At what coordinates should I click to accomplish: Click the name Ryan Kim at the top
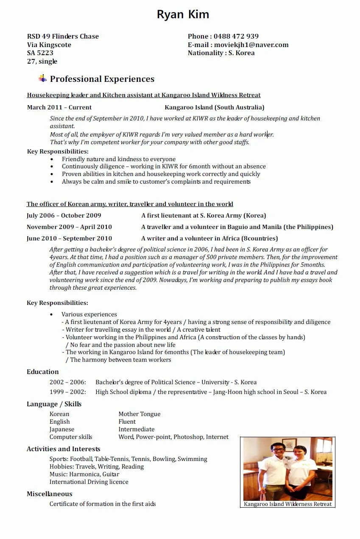pyautogui.click(x=183, y=14)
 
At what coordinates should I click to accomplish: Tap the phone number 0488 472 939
pyautogui.click(x=236, y=36)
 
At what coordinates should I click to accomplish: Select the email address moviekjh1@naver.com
pyautogui.click(x=251, y=45)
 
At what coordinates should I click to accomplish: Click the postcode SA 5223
pyautogui.click(x=40, y=53)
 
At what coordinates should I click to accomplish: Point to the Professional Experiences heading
pyautogui.click(x=102, y=79)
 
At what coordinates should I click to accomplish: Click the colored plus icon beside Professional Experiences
pyautogui.click(x=42, y=78)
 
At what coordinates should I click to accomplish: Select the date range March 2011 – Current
pyautogui.click(x=59, y=107)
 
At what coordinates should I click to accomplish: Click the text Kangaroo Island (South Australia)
pyautogui.click(x=214, y=107)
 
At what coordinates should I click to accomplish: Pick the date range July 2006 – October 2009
pyautogui.click(x=64, y=215)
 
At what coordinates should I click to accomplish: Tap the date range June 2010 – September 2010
pyautogui.click(x=70, y=238)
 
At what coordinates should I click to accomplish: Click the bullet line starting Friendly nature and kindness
pyautogui.click(x=118, y=159)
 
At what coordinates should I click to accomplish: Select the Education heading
pyautogui.click(x=43, y=372)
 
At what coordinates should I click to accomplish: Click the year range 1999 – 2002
pyautogui.click(x=67, y=392)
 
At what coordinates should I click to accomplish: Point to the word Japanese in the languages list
pyautogui.click(x=62, y=429)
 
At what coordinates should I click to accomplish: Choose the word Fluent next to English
pyautogui.click(x=127, y=422)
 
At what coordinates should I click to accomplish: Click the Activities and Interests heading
pyautogui.click(x=64, y=449)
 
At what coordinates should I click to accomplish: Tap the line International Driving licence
pyautogui.click(x=89, y=482)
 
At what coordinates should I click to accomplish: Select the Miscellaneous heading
pyautogui.click(x=50, y=494)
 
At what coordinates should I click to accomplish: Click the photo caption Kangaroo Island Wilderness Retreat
pyautogui.click(x=287, y=504)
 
